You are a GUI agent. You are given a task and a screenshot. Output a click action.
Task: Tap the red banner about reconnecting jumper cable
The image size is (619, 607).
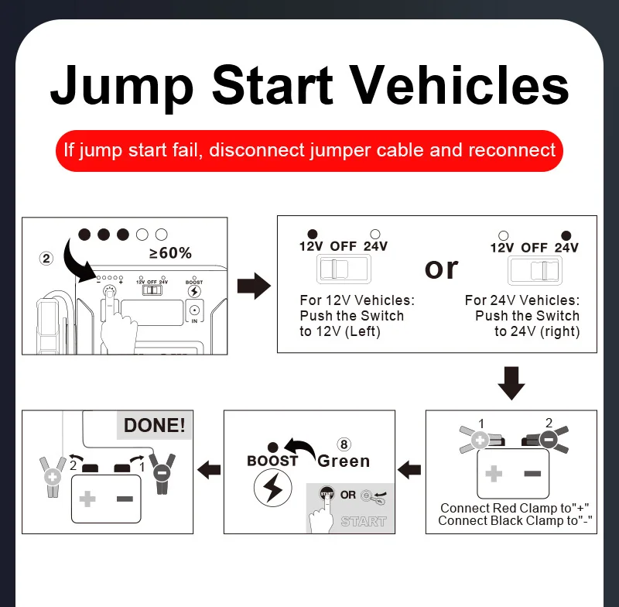point(309,149)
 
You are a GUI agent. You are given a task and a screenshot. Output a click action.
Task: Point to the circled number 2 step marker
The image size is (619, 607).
point(46,259)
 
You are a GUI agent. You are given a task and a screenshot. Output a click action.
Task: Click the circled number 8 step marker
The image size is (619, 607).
point(344,444)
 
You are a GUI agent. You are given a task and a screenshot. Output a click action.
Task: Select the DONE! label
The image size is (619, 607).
point(155,425)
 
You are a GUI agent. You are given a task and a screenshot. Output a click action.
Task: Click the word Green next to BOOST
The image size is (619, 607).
point(344,461)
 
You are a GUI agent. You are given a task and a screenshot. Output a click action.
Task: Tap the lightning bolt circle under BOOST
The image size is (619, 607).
point(272,491)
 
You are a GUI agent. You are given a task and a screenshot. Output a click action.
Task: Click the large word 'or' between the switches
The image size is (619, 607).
point(441,268)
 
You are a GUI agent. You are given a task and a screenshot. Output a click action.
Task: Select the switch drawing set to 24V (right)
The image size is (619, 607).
point(534,270)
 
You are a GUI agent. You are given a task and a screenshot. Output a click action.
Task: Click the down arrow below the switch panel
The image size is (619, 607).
point(511,382)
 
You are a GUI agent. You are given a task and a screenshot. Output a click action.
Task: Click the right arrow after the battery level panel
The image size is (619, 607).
point(253,286)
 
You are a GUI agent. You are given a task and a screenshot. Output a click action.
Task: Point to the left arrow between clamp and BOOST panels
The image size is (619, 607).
point(409,469)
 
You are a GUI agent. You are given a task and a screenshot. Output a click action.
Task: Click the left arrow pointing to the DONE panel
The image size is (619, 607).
point(209,469)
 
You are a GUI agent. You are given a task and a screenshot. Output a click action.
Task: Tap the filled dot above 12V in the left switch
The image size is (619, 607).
point(313,234)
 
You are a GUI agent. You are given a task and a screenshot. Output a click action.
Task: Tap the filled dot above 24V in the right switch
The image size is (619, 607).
point(566,235)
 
